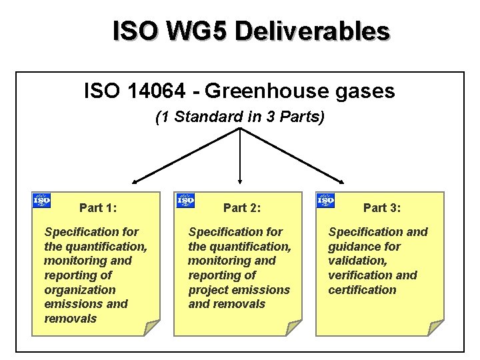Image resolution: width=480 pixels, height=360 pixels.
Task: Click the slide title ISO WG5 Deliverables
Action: (x=251, y=31)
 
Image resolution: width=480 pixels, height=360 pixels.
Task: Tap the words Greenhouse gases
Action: (x=310, y=91)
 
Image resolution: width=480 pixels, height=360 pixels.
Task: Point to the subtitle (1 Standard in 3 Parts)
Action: (x=239, y=118)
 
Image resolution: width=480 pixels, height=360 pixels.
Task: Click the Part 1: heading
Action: (x=98, y=208)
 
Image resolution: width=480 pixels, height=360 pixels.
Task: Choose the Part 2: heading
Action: (x=242, y=208)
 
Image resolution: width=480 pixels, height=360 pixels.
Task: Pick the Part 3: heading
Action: (x=382, y=208)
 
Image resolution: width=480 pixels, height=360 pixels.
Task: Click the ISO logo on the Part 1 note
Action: (x=41, y=199)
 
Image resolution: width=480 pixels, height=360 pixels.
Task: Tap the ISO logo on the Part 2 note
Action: (x=185, y=199)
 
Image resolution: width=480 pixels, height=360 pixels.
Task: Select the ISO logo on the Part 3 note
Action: (x=325, y=199)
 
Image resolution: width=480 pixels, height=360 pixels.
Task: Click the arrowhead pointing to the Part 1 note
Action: (x=135, y=180)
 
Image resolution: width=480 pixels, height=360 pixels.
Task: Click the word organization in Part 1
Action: (x=80, y=290)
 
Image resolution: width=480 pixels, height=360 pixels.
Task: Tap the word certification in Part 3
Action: (x=362, y=290)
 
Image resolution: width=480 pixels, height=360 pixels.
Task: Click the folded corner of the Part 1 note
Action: (x=153, y=327)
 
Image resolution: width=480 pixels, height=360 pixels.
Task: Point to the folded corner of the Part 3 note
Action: (x=435, y=327)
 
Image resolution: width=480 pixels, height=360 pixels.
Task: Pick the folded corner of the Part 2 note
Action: (x=295, y=327)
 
